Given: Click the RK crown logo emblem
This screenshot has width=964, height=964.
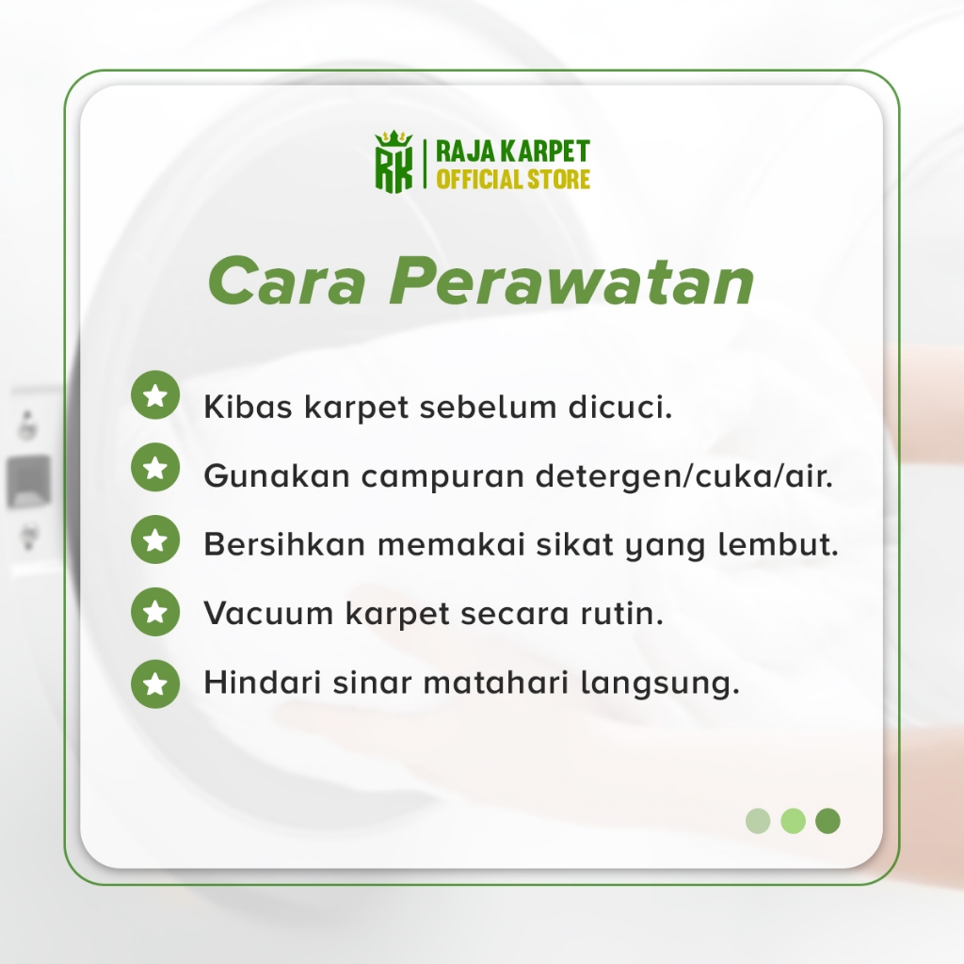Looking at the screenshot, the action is pos(394,162).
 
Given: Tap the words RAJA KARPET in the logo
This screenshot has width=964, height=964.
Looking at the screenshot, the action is pos(513,152).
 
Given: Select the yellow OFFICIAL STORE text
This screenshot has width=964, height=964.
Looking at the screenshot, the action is pos(513,180).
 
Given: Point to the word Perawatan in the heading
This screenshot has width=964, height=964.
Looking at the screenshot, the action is pos(571,281).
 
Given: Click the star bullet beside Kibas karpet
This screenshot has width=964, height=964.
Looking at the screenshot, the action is pos(155,394).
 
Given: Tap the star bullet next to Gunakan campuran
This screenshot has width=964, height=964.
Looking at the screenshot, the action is pos(155,467).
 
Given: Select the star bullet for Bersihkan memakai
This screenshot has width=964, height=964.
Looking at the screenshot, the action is pos(155,539).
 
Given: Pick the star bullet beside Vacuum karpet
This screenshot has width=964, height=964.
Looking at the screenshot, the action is pos(155,612).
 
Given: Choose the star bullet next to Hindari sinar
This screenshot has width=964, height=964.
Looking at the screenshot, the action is pos(155,683).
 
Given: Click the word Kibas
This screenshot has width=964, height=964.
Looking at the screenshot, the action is pos(248,407).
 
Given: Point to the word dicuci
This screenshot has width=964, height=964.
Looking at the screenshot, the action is pos(619,407).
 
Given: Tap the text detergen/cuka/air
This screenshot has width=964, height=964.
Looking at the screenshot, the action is pos(684,475).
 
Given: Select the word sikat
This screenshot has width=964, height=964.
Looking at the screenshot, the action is pos(575,545).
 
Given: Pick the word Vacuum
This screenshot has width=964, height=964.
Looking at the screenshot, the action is pos(268,613).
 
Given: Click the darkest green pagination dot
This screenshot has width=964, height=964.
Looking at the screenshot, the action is pos(827,821).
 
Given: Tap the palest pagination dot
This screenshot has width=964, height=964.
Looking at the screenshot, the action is pos(758,821).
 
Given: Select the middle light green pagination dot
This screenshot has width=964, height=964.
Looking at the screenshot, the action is pos(793,821).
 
